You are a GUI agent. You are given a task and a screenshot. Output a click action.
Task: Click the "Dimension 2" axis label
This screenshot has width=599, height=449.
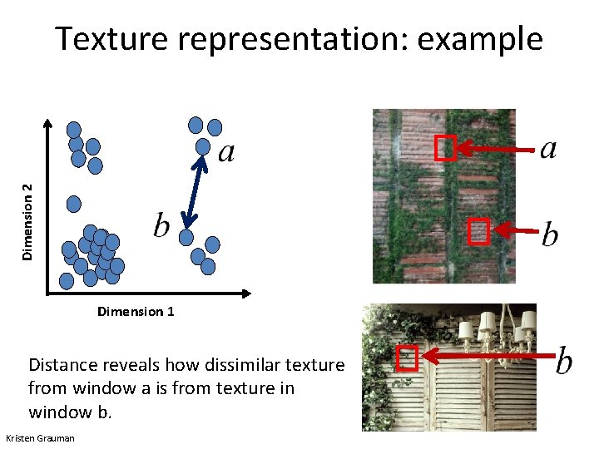pos(29,222)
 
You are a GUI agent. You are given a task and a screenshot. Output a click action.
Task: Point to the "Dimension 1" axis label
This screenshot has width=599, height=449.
pos(136,312)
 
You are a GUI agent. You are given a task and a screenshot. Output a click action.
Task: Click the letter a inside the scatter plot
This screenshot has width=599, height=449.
pos(225,152)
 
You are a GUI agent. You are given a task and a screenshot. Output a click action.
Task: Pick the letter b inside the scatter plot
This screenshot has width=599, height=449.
pos(162,224)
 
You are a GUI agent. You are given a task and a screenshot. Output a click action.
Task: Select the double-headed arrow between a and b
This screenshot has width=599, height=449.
pos(196,191)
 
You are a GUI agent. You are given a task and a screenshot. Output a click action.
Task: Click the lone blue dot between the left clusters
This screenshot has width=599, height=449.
pos(74,203)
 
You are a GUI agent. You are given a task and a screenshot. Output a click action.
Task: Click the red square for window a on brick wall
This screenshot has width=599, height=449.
pos(445,149)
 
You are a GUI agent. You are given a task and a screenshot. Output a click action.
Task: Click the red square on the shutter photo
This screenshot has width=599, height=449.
pos(406,358)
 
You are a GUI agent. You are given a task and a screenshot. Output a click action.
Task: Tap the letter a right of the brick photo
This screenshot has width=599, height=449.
pos(548,149)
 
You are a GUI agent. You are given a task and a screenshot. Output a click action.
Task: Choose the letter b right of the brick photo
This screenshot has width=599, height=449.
pos(550,234)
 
